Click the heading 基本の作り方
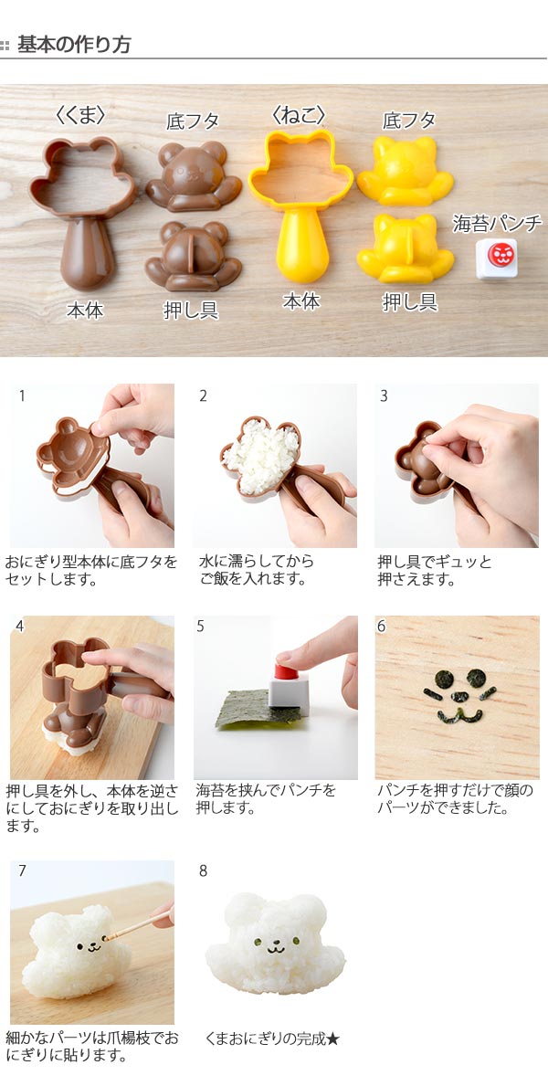73,45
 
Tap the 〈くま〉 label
80,115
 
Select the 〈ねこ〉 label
299,115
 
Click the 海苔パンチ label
498,223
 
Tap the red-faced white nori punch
497,258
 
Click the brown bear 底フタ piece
194,176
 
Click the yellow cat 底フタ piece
406,171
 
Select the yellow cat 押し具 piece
406,248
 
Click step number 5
200,626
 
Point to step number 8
203,870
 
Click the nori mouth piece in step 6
458,715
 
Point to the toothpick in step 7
138,924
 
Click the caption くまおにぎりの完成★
272,1039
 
